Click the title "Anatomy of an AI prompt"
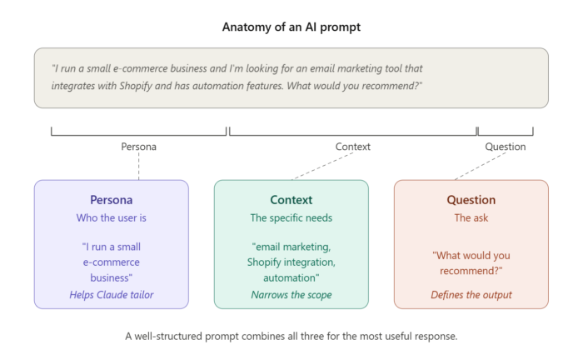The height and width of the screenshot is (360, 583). tap(291, 27)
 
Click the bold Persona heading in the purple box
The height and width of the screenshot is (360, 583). tap(112, 200)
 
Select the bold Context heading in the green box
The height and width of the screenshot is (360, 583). tap(291, 200)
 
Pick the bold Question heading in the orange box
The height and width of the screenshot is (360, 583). tap(471, 200)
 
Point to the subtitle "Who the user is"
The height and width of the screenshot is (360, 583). tap(112, 217)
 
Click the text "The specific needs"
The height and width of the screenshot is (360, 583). tap(291, 217)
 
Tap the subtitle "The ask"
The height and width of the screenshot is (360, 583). tap(471, 217)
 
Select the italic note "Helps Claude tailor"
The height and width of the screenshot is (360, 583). tap(112, 294)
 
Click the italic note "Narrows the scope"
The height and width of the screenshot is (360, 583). tap(291, 294)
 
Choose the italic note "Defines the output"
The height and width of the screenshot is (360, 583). tap(471, 294)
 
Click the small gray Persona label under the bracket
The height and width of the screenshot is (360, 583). tap(138, 147)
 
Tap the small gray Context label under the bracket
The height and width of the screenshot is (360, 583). tap(352, 147)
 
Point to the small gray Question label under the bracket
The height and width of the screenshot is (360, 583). tap(506, 147)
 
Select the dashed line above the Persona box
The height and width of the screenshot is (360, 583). tap(138, 166)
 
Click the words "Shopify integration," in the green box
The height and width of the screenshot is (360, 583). tap(291, 262)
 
